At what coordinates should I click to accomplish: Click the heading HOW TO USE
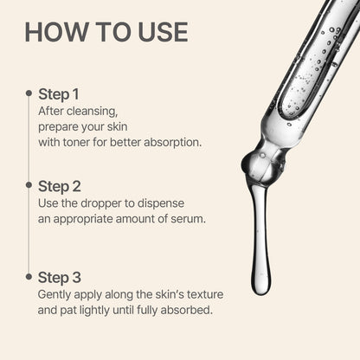(106, 32)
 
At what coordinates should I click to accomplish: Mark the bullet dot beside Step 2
(29, 184)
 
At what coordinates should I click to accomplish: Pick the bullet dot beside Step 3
(29, 276)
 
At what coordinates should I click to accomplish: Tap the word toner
(83, 141)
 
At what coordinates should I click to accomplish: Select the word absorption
(170, 141)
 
